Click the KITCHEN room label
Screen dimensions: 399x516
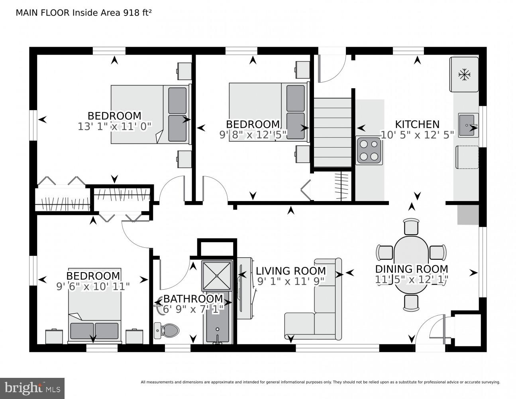pos(417,124)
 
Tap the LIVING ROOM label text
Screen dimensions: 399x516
pos(290,271)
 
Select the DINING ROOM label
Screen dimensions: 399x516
pos(412,269)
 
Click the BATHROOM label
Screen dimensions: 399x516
pos(193,298)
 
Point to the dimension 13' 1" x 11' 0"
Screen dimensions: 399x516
pos(115,126)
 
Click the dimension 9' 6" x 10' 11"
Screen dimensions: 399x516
pos(93,286)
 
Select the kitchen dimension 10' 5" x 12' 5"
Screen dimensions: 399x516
pos(417,135)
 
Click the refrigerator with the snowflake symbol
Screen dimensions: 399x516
pos(464,74)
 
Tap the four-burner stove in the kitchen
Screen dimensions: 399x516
pos(369,150)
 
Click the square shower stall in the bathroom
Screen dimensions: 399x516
pos(217,275)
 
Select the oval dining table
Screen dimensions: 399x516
pos(411,261)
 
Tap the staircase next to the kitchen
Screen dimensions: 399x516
pos(332,132)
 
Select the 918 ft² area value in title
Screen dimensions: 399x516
pos(133,13)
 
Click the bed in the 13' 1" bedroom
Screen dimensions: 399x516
pos(149,114)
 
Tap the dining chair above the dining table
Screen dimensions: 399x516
pos(411,227)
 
